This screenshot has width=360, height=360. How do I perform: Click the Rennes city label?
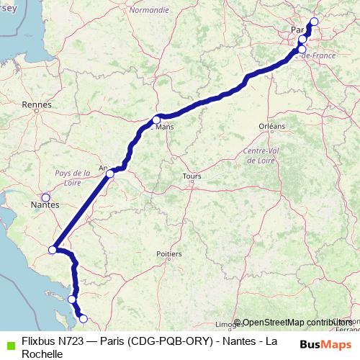[37, 104]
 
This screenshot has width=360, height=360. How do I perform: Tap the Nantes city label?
[45, 204]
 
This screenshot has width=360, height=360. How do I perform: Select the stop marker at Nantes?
[46, 197]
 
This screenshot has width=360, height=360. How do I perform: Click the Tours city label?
[192, 176]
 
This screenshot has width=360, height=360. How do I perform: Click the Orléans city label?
[272, 126]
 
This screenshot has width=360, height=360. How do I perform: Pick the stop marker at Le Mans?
[156, 120]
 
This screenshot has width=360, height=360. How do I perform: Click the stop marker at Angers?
[110, 174]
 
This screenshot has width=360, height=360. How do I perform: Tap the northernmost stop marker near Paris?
[313, 21]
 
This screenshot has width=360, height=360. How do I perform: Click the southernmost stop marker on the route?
[83, 318]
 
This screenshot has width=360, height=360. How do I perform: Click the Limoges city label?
[228, 324]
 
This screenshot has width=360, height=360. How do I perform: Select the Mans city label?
[165, 127]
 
